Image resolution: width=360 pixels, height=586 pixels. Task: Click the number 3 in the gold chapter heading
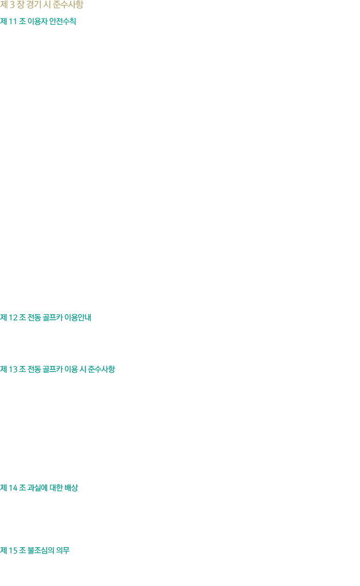point(12,5)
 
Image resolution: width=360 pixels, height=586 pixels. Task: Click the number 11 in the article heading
point(13,22)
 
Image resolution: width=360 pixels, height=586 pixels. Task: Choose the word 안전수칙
point(63,22)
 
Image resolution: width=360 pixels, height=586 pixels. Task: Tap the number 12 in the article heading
point(13,318)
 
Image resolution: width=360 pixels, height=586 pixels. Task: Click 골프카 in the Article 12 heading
point(52,318)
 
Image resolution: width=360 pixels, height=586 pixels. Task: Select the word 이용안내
point(78,318)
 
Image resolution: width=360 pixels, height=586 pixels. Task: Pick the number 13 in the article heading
point(13,369)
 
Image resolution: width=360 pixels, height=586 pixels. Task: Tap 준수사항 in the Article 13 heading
point(102,369)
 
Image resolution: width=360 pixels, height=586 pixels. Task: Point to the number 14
point(13,488)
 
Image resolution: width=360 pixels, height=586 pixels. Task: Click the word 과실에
point(37,488)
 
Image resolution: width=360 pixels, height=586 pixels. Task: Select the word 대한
point(56,488)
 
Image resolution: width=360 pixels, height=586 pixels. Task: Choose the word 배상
point(71,488)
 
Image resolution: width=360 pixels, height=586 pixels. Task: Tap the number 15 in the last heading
point(13,551)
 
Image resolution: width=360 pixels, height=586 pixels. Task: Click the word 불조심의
point(41,551)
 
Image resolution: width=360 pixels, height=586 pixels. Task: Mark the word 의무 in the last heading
point(63,551)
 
